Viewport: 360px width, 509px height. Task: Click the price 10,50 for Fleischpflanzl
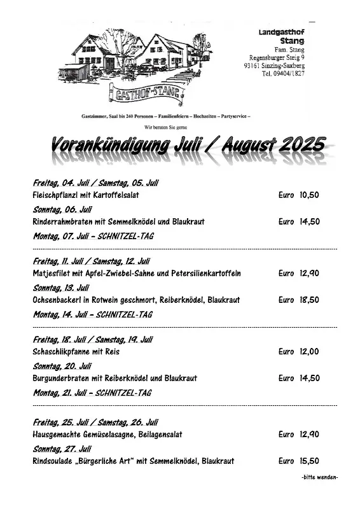[309, 195]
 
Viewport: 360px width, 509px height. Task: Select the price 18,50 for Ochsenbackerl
[309, 299]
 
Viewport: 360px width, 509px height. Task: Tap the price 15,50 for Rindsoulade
[309, 461]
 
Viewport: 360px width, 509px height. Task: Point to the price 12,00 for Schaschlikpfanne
[309, 351]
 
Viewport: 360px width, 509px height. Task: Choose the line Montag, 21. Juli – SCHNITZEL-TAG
[92, 393]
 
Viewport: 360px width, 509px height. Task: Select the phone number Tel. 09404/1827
[282, 74]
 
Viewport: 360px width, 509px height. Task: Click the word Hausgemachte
[57, 435]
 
